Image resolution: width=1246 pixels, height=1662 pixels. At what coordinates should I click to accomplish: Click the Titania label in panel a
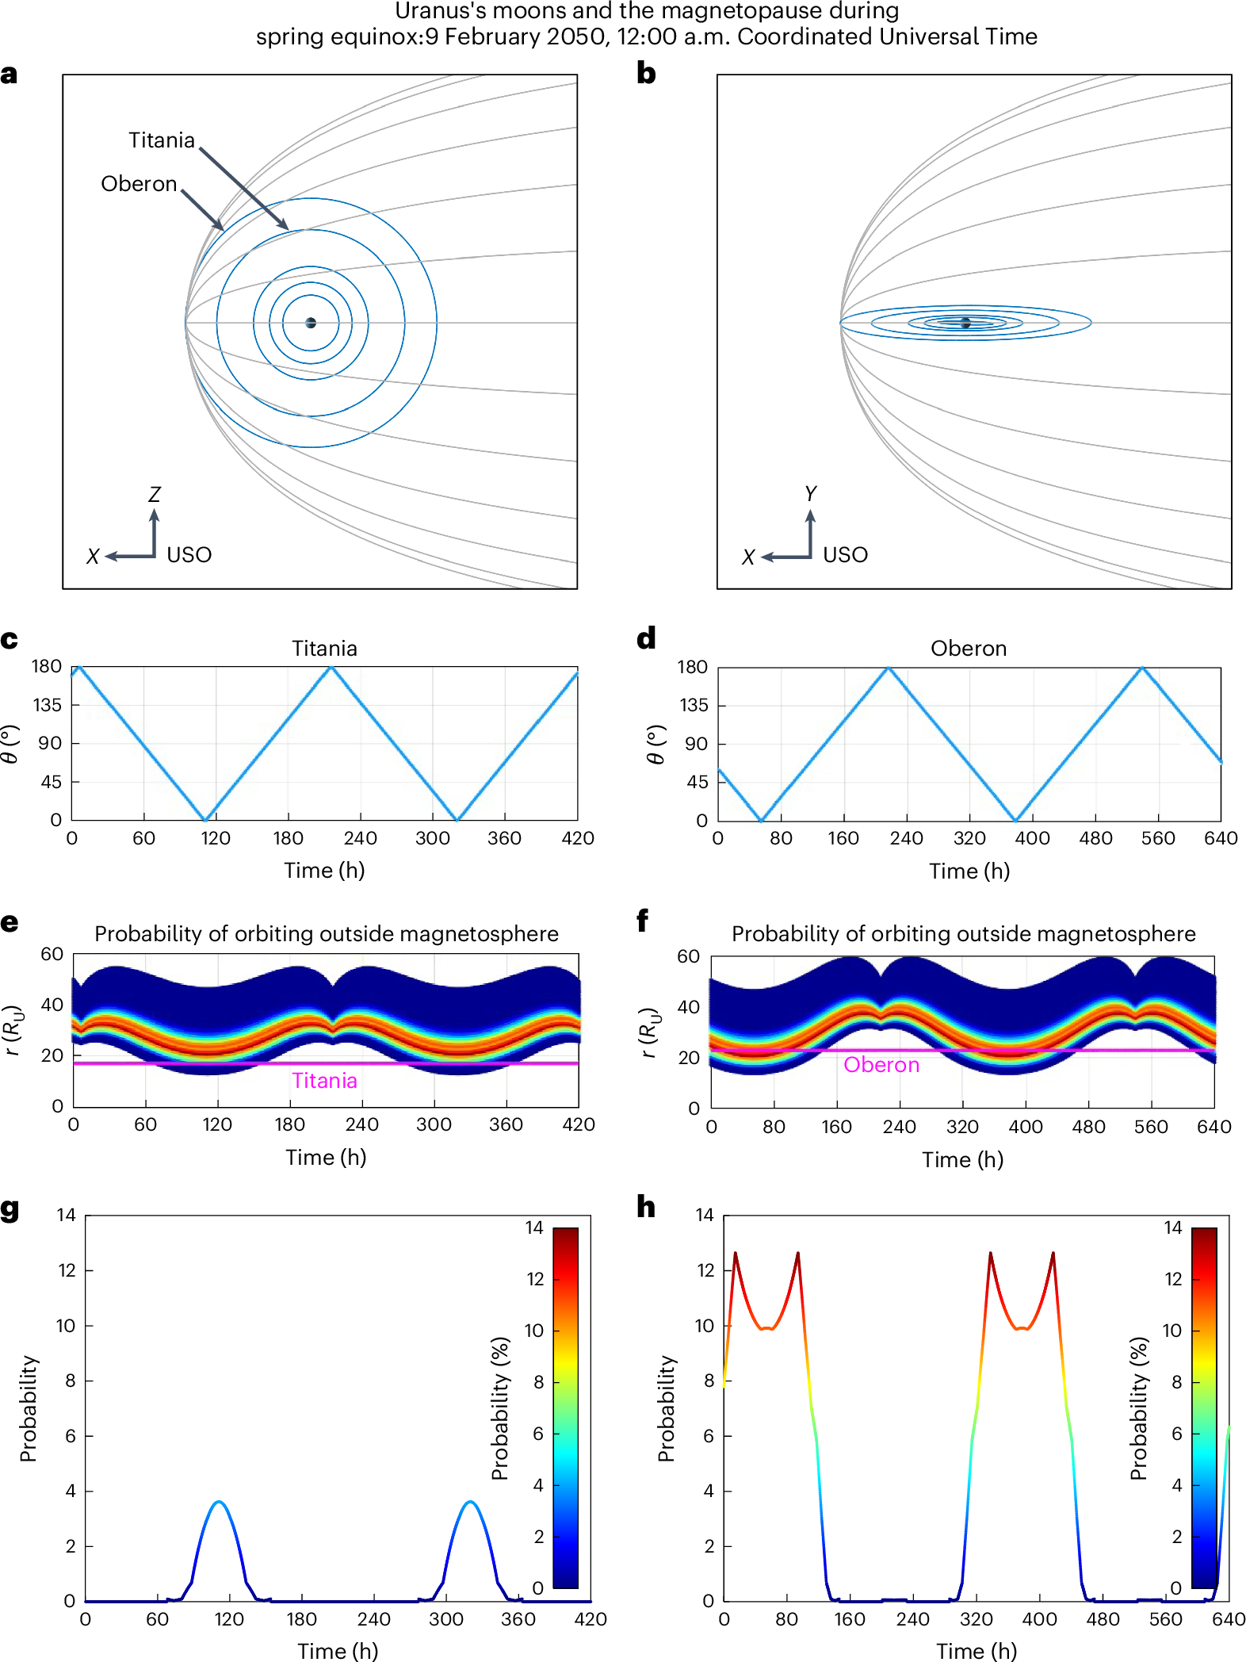click(162, 140)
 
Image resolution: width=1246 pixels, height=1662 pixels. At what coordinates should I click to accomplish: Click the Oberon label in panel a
click(139, 184)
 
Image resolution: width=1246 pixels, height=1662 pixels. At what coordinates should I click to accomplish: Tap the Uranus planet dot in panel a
click(311, 323)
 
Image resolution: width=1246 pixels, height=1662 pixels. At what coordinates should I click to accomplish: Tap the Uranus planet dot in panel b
click(965, 323)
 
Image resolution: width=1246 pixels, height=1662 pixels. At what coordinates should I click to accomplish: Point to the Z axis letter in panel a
click(155, 495)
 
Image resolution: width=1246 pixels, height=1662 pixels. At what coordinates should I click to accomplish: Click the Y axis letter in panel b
click(810, 494)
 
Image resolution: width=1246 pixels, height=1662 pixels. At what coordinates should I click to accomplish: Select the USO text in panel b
click(845, 555)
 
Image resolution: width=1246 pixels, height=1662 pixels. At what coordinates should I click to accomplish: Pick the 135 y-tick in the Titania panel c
click(47, 705)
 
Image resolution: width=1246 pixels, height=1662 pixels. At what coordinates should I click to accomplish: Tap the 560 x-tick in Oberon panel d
click(1158, 839)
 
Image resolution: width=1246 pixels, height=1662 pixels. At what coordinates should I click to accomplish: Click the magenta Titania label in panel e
click(324, 1081)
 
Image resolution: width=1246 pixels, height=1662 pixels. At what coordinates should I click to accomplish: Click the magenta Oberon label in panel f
click(881, 1065)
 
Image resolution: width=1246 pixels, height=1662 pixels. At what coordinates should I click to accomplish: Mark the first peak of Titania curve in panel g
click(220, 1502)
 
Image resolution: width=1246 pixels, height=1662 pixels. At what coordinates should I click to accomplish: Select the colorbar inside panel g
click(565, 1407)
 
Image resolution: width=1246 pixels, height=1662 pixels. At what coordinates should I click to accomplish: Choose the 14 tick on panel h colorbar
click(1173, 1228)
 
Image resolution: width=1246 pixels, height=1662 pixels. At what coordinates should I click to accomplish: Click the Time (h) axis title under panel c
click(324, 871)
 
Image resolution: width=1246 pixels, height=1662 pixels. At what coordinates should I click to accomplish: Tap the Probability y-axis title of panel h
click(667, 1408)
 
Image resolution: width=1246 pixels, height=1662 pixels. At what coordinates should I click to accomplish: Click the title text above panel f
click(963, 934)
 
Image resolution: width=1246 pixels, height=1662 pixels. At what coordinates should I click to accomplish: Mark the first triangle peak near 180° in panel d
click(889, 669)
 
